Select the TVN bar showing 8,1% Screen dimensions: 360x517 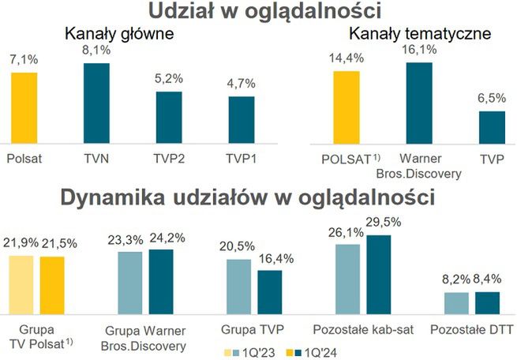pos(96,103)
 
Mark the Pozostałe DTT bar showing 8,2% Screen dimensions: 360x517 pos(456,303)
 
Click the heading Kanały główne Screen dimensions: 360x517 pos(119,35)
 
